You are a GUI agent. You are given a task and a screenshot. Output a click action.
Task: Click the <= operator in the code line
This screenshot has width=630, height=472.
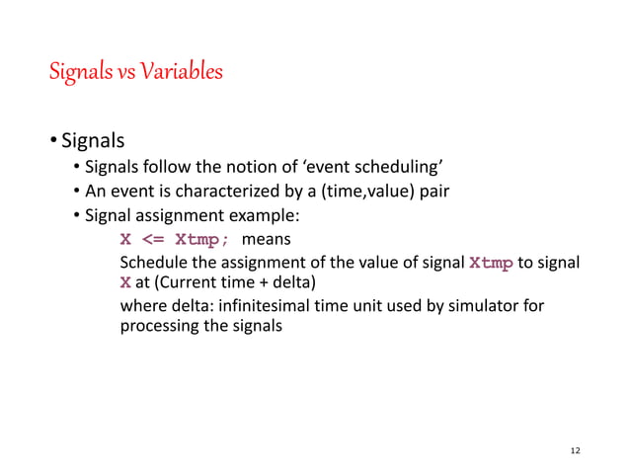pyautogui.click(x=152, y=240)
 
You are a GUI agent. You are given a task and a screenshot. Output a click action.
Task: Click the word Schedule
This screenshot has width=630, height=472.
pyautogui.click(x=151, y=264)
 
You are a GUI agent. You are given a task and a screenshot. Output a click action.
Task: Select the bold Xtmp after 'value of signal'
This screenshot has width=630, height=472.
pyautogui.click(x=491, y=264)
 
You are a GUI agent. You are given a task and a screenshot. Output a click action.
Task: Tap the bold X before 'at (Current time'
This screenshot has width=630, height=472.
pyautogui.click(x=124, y=283)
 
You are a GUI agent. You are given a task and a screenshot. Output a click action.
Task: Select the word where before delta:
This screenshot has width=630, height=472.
pyautogui.click(x=141, y=306)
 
